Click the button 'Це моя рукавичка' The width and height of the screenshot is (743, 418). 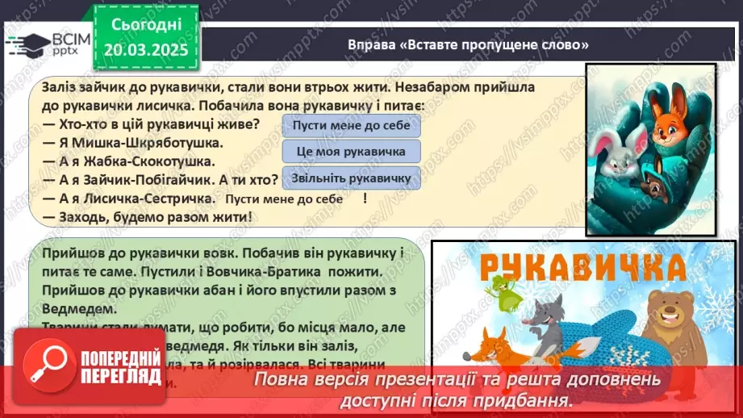(x=351, y=151)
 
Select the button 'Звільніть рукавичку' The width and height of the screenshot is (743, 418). (x=351, y=178)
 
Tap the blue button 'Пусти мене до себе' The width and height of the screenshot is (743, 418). (x=351, y=125)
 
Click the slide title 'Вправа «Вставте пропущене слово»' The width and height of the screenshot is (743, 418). (x=468, y=44)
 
